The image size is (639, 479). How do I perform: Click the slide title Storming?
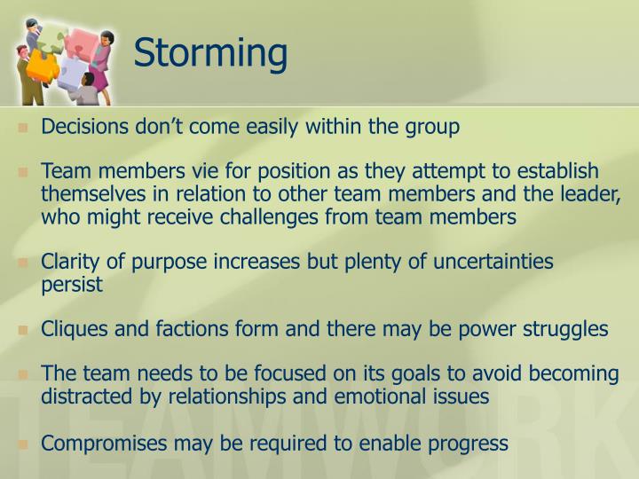(211, 52)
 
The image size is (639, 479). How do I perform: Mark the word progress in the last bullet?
(472, 442)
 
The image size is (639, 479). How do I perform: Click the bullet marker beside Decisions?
(23, 128)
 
